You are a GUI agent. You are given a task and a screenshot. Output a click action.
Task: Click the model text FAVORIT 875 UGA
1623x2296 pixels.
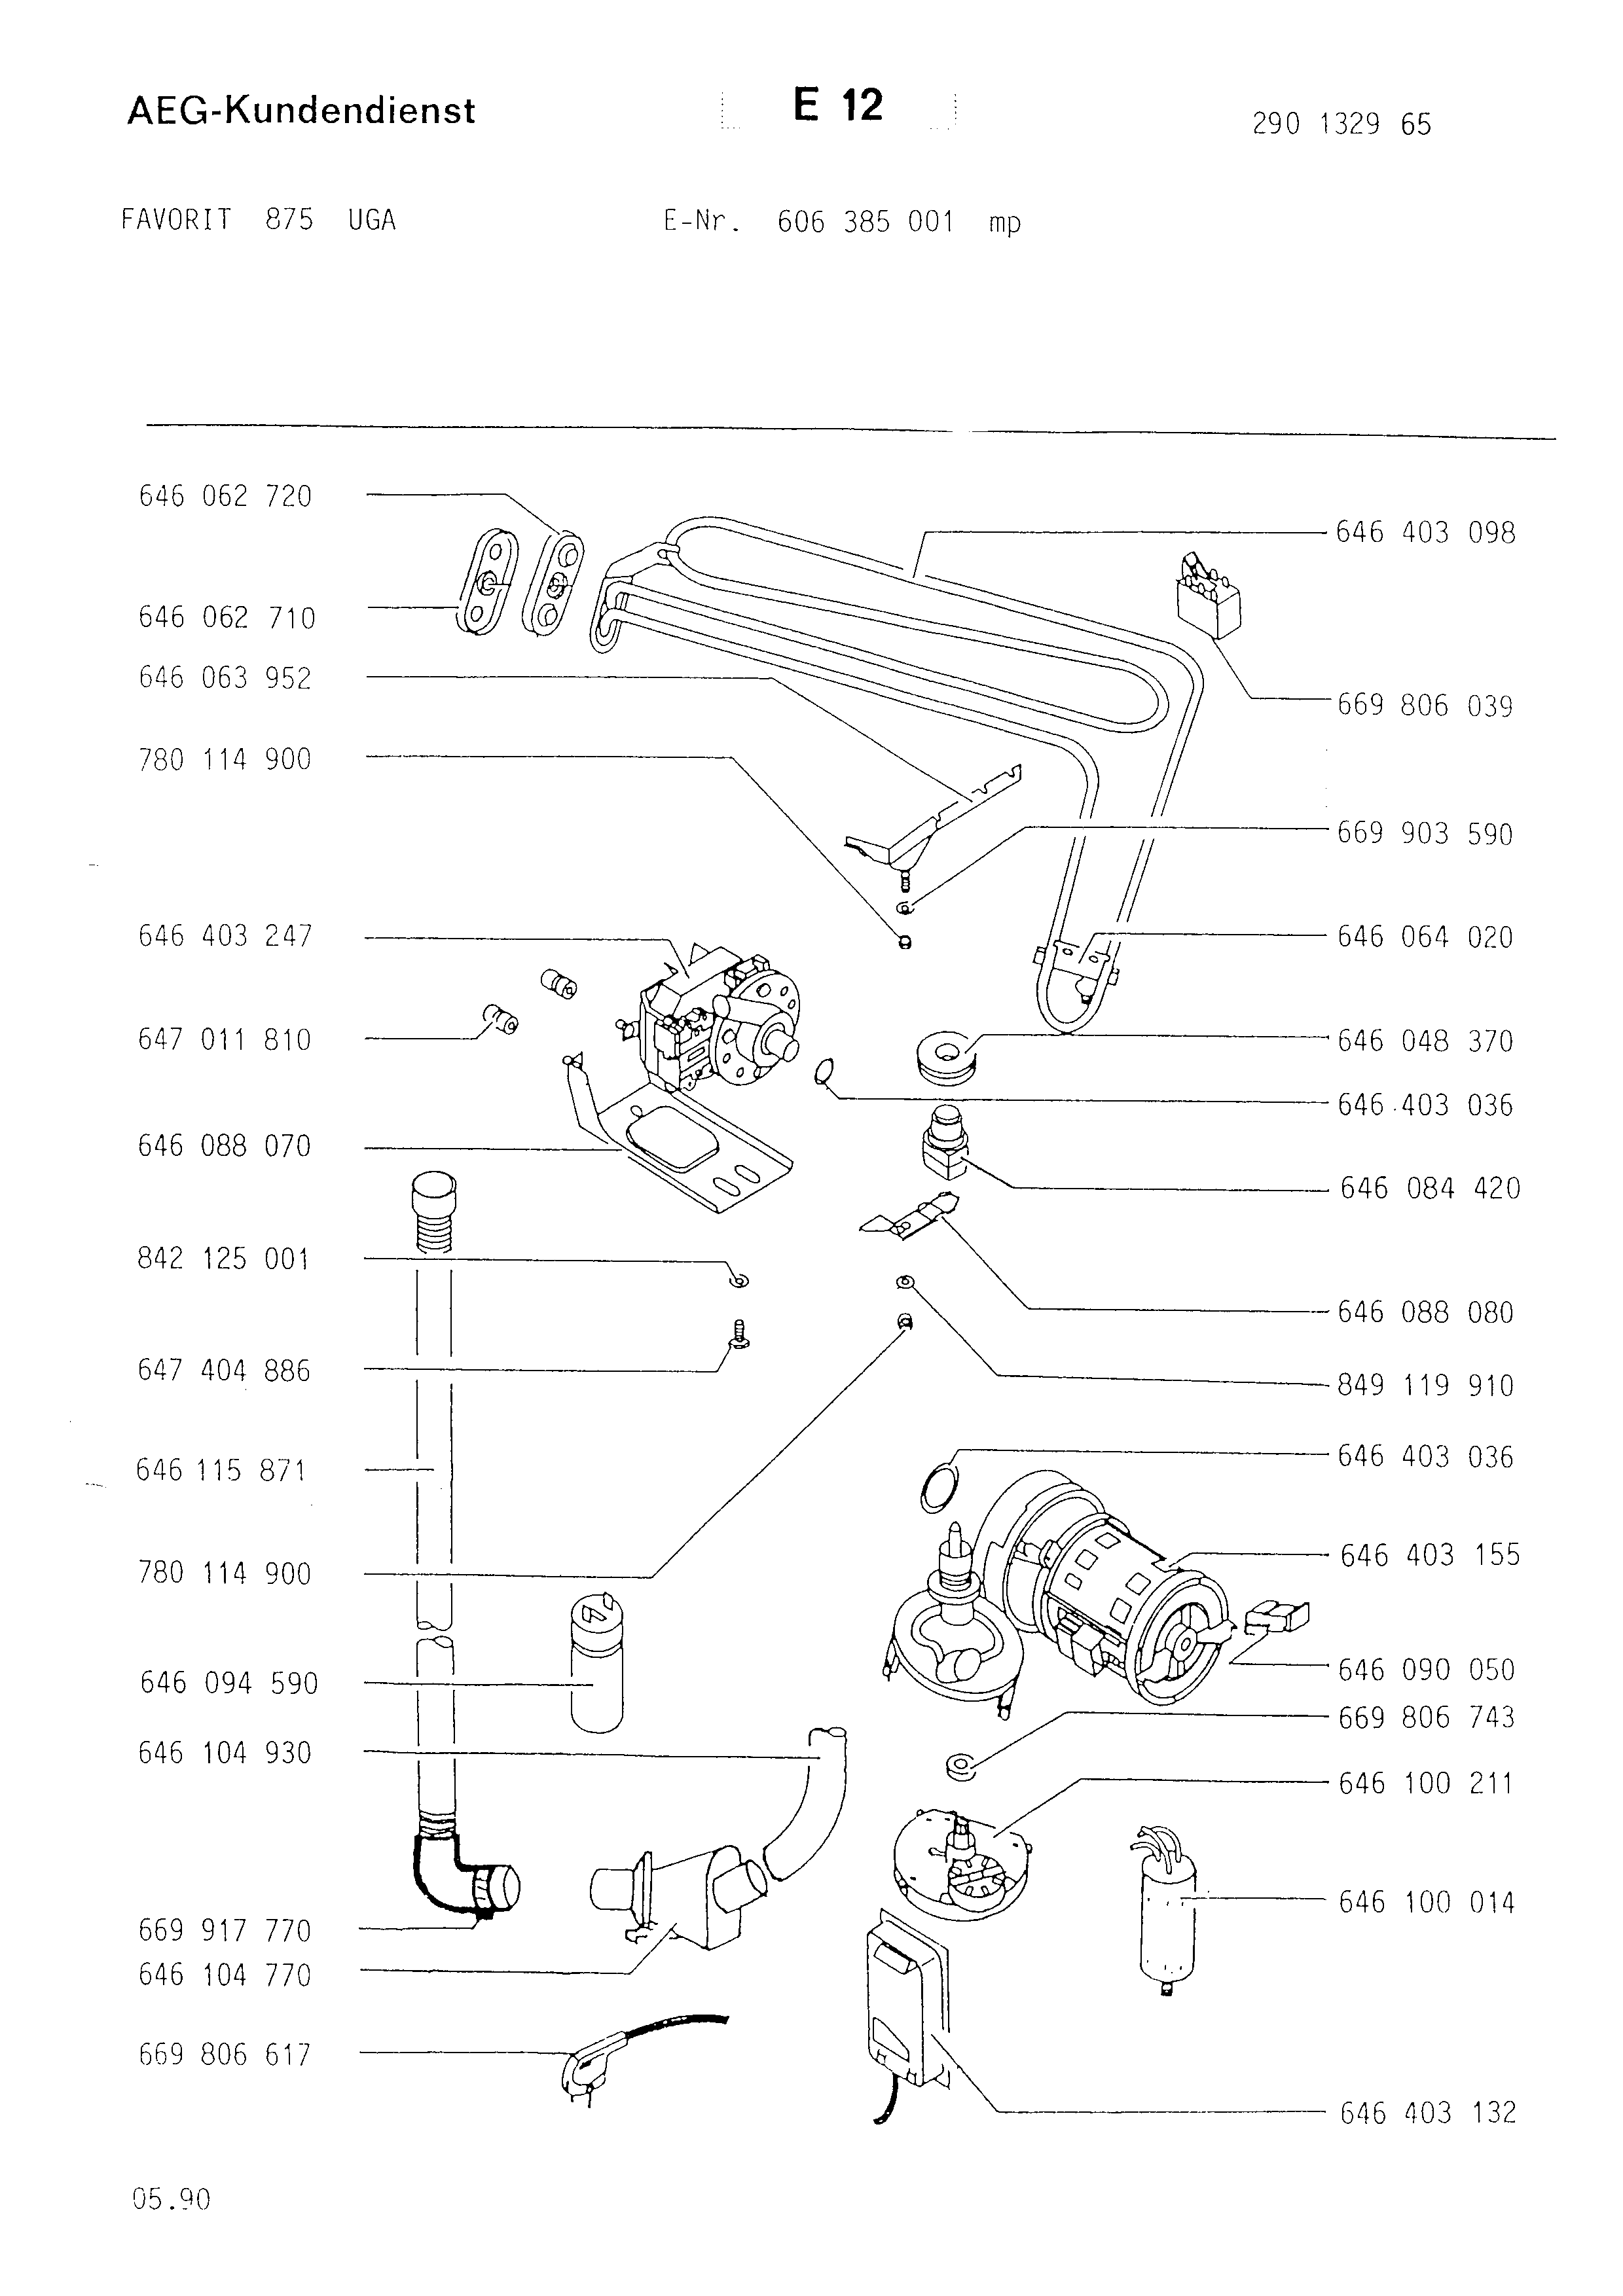[x=258, y=220]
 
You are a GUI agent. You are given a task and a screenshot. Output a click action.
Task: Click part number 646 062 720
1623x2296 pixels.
[x=225, y=496]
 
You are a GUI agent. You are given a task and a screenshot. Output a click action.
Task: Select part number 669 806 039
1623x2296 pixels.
[x=1425, y=706]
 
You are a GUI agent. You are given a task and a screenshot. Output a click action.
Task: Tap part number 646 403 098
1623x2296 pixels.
[x=1426, y=532]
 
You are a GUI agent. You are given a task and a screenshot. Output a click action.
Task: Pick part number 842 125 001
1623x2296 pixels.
[x=223, y=1259]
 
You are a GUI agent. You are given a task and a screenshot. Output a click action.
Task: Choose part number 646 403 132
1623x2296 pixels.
[x=1428, y=2113]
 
